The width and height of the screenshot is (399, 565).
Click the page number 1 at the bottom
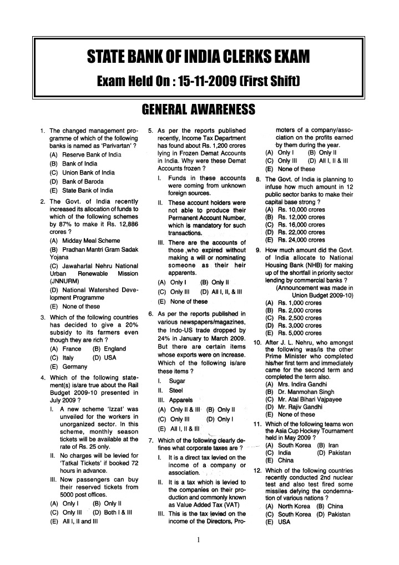coord(198,539)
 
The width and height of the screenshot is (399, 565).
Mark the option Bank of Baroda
coord(85,181)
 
